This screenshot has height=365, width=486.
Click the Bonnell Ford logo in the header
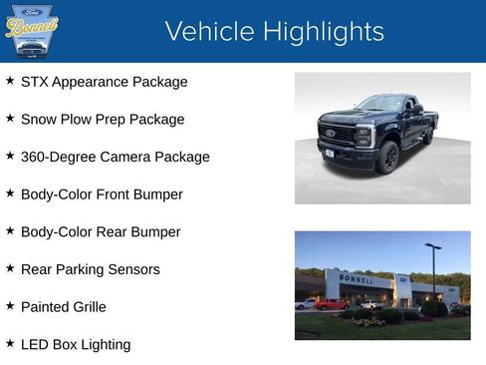32,31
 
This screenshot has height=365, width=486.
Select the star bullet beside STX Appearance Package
10,81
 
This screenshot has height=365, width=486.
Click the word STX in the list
36,82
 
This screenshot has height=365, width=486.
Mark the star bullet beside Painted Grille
10,306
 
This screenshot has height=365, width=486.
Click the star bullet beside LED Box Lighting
10,344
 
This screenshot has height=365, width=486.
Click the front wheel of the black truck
388,157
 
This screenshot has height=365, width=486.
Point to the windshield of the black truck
381,104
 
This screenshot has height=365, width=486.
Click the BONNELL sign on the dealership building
357,280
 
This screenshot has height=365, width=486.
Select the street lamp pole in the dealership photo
432,274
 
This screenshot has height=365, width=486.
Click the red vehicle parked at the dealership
331,304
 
